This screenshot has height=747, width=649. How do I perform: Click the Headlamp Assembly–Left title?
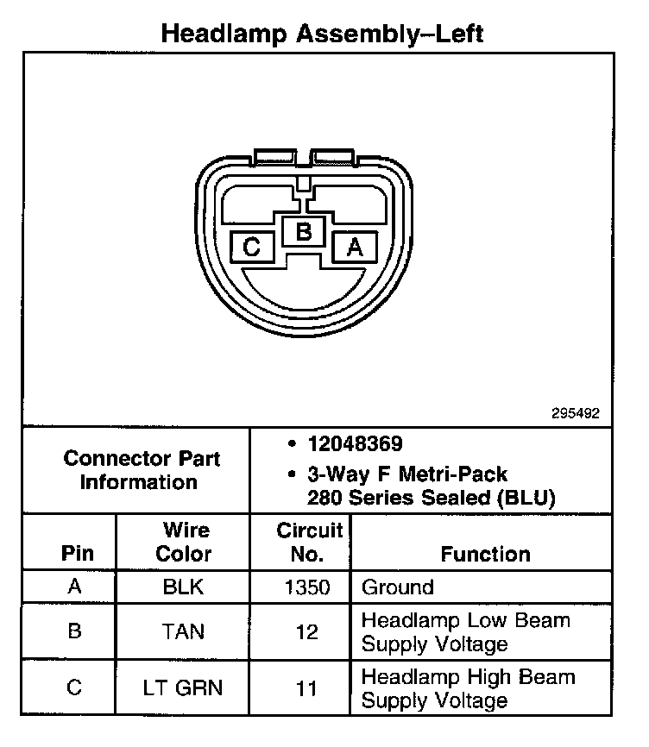pyautogui.click(x=323, y=34)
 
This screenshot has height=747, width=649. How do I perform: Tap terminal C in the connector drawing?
pyautogui.click(x=252, y=248)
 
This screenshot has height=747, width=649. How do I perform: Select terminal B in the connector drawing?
pyautogui.click(x=303, y=231)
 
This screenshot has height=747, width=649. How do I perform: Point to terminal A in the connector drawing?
pyautogui.click(x=354, y=248)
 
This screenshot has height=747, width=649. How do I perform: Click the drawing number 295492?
pyautogui.click(x=576, y=413)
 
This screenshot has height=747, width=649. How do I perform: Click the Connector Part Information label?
pyautogui.click(x=142, y=470)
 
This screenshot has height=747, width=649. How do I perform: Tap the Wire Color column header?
pyautogui.click(x=184, y=542)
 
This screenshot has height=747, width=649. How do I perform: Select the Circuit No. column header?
pyautogui.click(x=309, y=542)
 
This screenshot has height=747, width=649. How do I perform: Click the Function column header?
pyautogui.click(x=485, y=554)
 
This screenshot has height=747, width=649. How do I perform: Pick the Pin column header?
pyautogui.click(x=76, y=554)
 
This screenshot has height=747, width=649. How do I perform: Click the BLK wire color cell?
pyautogui.click(x=183, y=587)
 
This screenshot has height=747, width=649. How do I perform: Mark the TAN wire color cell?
pyautogui.click(x=183, y=631)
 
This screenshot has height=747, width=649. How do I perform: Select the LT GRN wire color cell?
pyautogui.click(x=183, y=687)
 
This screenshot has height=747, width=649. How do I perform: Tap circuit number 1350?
pyautogui.click(x=306, y=587)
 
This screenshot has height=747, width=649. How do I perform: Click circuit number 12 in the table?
pyautogui.click(x=306, y=631)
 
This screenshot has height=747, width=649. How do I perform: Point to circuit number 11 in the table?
pyautogui.click(x=306, y=687)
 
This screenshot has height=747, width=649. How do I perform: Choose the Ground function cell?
pyautogui.click(x=397, y=587)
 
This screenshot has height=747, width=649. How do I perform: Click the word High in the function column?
pyautogui.click(x=489, y=676)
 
